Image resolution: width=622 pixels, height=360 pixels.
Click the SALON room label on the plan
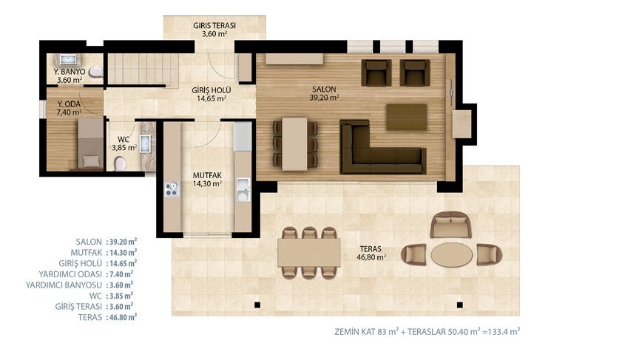pyautogui.click(x=324, y=89)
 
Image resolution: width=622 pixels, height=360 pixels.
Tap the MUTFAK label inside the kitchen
pyautogui.click(x=207, y=175)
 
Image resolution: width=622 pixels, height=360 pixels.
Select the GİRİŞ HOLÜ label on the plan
pyautogui.click(x=211, y=90)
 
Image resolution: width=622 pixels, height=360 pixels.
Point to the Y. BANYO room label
pyautogui.click(x=70, y=72)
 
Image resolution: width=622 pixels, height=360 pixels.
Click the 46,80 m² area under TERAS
pyautogui.click(x=371, y=257)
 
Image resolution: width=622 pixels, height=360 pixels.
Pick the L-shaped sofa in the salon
pyautogui.click(x=383, y=147)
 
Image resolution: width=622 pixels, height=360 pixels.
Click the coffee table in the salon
pyautogui.click(x=407, y=117)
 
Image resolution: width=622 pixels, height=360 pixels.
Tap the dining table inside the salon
pyautogui.click(x=294, y=144)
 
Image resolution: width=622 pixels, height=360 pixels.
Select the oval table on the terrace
pyautogui.click(x=451, y=254)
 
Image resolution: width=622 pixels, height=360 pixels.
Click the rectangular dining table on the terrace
pyautogui.click(x=309, y=253)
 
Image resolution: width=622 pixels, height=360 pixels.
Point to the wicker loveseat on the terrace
pyautogui.click(x=451, y=225)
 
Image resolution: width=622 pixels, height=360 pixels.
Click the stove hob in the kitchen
pyautogui.click(x=172, y=189)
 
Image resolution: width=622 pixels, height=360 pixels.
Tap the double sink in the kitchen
pyautogui.click(x=243, y=189)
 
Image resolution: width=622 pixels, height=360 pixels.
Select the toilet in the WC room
pyautogui.click(x=120, y=163)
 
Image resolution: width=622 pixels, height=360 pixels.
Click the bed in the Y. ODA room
pyautogui.click(x=91, y=143)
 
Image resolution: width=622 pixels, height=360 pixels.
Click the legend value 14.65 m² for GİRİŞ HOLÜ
pyautogui.click(x=121, y=263)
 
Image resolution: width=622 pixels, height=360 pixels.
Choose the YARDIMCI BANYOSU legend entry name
pyautogui.click(x=64, y=285)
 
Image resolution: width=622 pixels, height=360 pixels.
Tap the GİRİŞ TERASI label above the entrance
pyautogui.click(x=214, y=25)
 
